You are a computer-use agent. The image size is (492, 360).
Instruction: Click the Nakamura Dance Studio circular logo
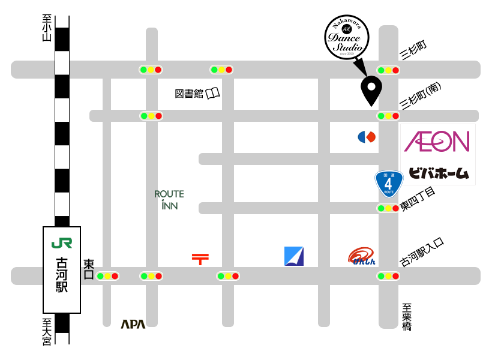click(x=347, y=37)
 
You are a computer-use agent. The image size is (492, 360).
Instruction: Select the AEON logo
click(x=437, y=142)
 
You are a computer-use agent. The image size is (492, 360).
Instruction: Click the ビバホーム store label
click(x=438, y=173)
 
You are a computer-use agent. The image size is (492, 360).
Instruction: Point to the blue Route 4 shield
click(x=388, y=183)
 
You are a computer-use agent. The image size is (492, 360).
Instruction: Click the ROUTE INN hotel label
click(x=169, y=200)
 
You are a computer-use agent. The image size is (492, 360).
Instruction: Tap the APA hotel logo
click(x=133, y=324)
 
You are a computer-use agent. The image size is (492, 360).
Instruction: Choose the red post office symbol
click(x=200, y=259)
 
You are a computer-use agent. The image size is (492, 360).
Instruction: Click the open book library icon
click(x=213, y=93)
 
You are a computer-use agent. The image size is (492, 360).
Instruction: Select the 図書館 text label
click(x=189, y=94)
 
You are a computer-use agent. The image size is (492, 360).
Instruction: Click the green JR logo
click(x=62, y=243)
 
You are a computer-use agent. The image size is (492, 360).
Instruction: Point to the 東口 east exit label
click(x=89, y=269)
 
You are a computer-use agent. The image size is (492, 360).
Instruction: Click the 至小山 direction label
click(x=47, y=29)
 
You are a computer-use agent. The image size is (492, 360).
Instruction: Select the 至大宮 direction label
click(x=47, y=331)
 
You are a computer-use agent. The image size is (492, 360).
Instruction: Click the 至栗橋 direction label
click(x=407, y=317)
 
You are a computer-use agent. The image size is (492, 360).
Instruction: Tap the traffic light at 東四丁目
click(x=388, y=208)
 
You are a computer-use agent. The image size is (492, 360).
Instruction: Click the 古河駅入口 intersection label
click(x=422, y=252)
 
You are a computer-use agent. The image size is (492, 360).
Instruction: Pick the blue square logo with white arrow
click(x=294, y=256)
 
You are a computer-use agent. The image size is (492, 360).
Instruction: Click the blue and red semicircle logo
click(x=367, y=137)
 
